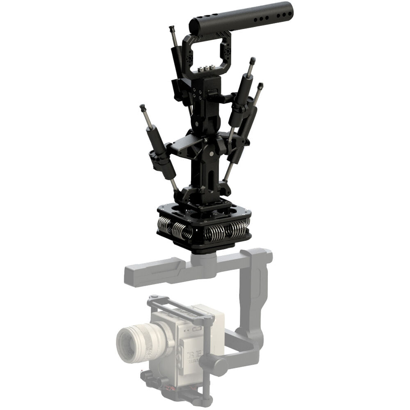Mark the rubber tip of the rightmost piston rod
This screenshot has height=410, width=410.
point(260,86)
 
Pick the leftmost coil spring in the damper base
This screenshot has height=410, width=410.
point(164,224)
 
